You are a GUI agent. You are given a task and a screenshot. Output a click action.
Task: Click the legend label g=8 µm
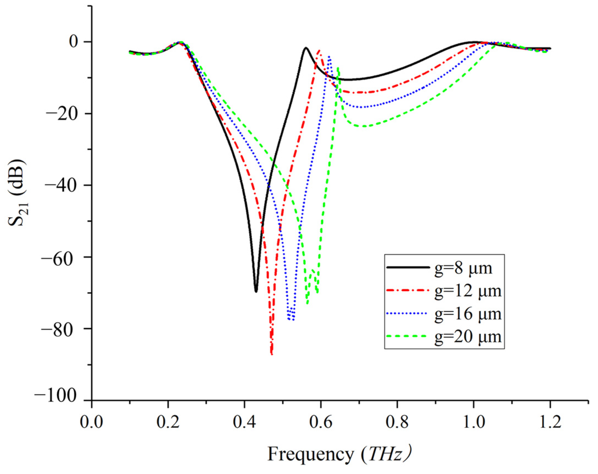(x=463, y=268)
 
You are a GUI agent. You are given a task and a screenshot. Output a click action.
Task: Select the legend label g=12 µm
(x=468, y=291)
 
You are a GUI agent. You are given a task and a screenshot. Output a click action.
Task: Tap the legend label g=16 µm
(x=468, y=314)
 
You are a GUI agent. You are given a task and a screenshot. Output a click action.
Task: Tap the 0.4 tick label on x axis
(x=244, y=422)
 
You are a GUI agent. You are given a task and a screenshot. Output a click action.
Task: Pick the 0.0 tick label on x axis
(x=91, y=422)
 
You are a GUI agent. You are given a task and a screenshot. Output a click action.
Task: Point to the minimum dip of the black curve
(x=256, y=291)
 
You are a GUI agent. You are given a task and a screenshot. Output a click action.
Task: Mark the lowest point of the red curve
(x=272, y=354)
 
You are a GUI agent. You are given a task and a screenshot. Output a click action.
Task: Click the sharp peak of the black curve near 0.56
(x=306, y=48)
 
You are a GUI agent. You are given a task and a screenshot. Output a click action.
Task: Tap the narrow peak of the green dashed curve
(x=338, y=68)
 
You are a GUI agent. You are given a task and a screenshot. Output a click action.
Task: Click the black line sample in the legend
(x=406, y=267)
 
